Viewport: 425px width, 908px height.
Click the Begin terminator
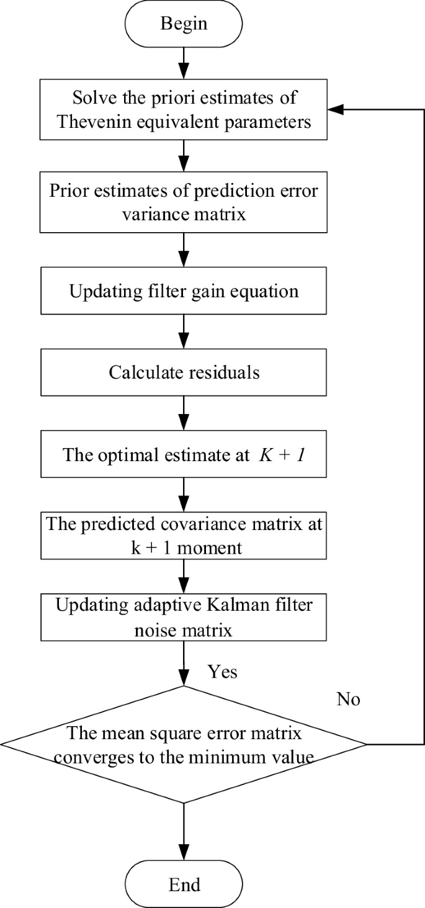point(184,24)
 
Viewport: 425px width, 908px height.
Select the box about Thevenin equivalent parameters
point(184,109)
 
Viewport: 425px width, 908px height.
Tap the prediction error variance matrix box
point(184,200)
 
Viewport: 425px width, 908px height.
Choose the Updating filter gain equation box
point(184,291)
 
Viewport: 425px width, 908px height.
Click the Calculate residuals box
point(184,372)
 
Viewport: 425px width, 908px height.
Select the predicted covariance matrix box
point(184,536)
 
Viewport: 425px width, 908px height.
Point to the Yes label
point(222,672)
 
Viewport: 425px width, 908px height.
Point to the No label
point(348,699)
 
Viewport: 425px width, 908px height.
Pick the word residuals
point(221,372)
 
